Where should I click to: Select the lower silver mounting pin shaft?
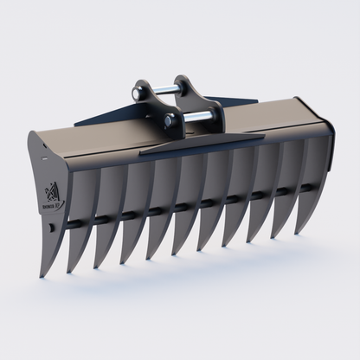[x=198, y=115]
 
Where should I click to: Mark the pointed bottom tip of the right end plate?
[x=299, y=234]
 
